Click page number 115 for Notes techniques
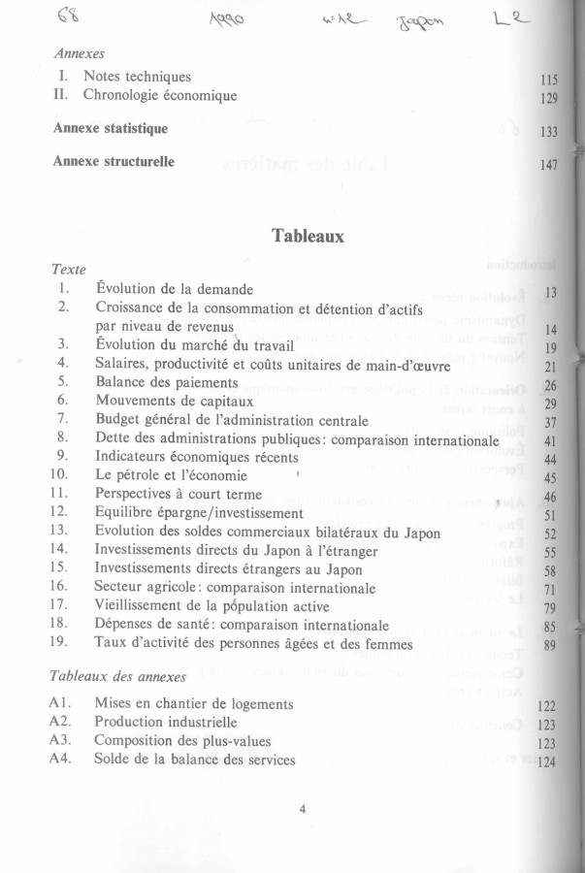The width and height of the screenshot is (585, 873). click(549, 80)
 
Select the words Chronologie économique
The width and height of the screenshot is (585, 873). click(160, 95)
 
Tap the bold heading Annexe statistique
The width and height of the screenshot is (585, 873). click(111, 128)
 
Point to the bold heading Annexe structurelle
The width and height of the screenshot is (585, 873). click(114, 161)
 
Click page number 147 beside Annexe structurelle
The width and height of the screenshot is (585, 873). click(549, 166)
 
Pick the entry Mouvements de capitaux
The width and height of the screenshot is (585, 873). click(175, 400)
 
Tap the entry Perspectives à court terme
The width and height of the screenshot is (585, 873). click(184, 494)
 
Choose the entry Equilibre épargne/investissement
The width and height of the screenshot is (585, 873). click(199, 512)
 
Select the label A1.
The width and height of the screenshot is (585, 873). click(59, 703)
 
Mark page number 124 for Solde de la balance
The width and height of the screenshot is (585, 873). click(547, 762)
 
